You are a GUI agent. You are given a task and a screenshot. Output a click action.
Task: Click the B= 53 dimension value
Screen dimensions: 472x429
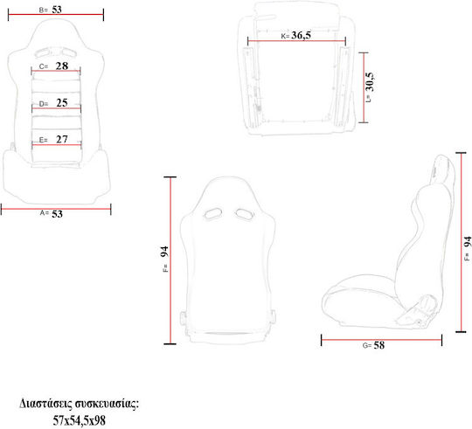[x=51, y=10]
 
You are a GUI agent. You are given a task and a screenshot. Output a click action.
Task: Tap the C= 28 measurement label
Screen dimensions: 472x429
[x=53, y=66]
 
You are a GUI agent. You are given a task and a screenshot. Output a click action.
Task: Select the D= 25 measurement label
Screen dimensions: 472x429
[x=53, y=103]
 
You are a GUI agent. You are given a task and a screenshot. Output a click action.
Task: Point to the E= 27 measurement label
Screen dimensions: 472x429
[x=53, y=139]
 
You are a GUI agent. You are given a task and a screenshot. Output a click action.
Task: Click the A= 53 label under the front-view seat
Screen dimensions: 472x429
[x=52, y=213]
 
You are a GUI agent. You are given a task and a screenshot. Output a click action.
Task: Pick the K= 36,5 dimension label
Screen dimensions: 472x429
[x=296, y=36]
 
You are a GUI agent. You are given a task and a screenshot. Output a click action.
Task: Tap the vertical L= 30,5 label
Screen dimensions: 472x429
[x=370, y=87]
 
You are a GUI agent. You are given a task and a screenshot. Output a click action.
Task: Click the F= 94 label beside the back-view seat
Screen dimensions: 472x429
[x=165, y=259]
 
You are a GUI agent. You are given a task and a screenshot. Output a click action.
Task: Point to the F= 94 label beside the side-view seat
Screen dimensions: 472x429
[x=468, y=248]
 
